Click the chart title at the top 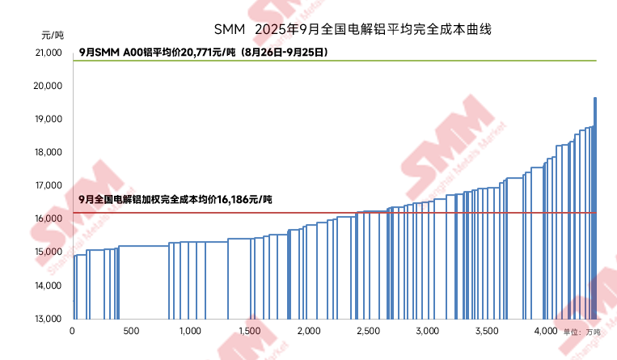(353, 29)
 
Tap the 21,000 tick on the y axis (50, 53)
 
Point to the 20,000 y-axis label (50, 86)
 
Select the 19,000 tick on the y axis (50, 119)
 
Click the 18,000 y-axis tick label (50, 152)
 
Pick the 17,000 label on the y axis (50, 185)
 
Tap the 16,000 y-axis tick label (50, 218)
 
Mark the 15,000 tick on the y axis (50, 252)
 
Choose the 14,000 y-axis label (50, 286)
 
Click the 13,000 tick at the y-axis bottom (50, 319)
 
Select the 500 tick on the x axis (131, 332)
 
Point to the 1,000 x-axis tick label (190, 332)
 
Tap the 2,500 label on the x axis (367, 332)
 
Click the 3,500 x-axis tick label (485, 332)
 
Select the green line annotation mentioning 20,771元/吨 (202, 53)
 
